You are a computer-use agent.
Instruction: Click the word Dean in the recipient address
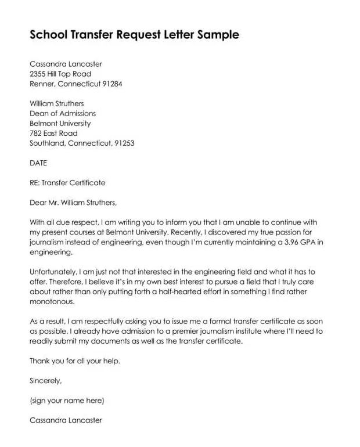point(39,113)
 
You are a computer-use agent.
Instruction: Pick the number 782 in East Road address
point(36,133)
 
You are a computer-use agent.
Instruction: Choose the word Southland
point(47,143)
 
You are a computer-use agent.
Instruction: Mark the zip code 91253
point(123,143)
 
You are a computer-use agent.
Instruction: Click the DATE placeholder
point(38,163)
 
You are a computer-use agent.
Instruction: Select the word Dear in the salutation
point(38,203)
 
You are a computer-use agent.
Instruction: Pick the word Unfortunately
point(55,272)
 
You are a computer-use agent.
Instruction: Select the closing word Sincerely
point(45,381)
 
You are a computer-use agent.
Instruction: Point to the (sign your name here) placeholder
point(67,401)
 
